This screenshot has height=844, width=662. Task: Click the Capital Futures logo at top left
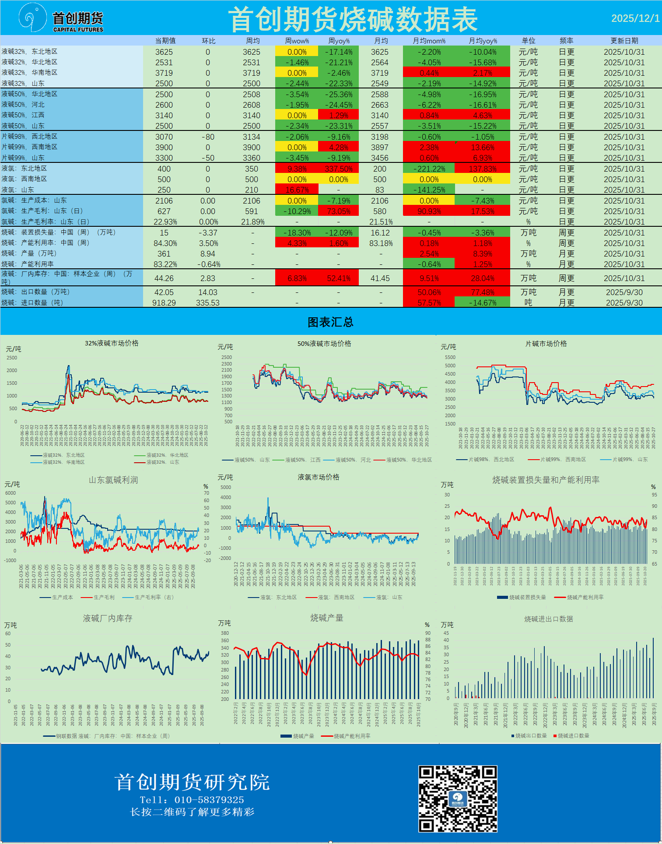click(61, 19)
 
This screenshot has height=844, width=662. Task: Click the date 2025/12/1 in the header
click(635, 18)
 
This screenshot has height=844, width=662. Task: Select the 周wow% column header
click(297, 41)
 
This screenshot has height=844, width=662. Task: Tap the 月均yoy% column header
click(483, 41)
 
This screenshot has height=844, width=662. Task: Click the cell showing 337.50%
click(339, 169)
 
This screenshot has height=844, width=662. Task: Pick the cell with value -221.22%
click(429, 169)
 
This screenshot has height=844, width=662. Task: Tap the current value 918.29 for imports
click(164, 303)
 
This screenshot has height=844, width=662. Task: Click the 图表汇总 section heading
click(330, 323)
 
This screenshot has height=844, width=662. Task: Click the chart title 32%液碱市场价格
click(112, 344)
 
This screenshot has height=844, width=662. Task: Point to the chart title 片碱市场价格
click(546, 344)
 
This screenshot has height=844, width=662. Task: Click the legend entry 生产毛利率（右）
click(154, 598)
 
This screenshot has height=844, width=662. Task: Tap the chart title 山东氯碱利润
click(113, 480)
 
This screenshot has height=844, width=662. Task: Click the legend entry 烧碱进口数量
click(573, 736)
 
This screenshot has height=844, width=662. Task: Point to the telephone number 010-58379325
click(209, 800)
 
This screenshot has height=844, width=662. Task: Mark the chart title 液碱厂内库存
click(108, 619)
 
